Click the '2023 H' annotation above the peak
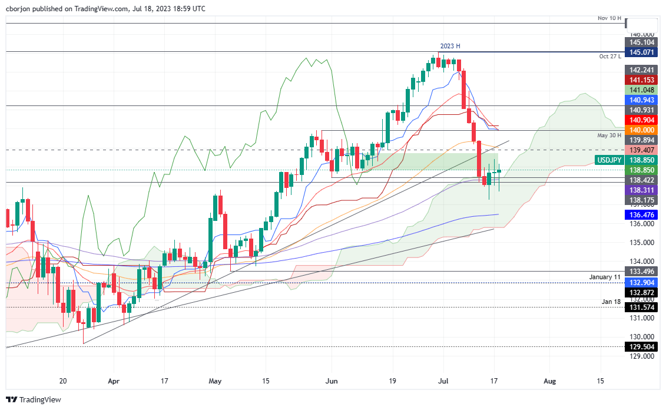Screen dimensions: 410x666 coord(450,46)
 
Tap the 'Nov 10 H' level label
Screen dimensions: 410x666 coord(610,18)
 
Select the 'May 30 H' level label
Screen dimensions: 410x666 coord(610,135)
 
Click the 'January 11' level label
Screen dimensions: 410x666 coord(605,276)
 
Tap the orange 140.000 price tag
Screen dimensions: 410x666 coord(643,130)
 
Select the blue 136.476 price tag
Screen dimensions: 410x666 coord(643,215)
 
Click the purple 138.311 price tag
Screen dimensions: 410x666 coord(643,190)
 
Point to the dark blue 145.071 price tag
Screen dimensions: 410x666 coord(643,52)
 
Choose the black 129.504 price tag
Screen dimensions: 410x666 coord(643,347)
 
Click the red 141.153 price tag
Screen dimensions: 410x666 coord(643,80)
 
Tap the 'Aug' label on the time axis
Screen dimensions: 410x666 coord(549,381)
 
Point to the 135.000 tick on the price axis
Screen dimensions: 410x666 coord(642,243)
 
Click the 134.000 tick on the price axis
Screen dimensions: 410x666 coord(642,262)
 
